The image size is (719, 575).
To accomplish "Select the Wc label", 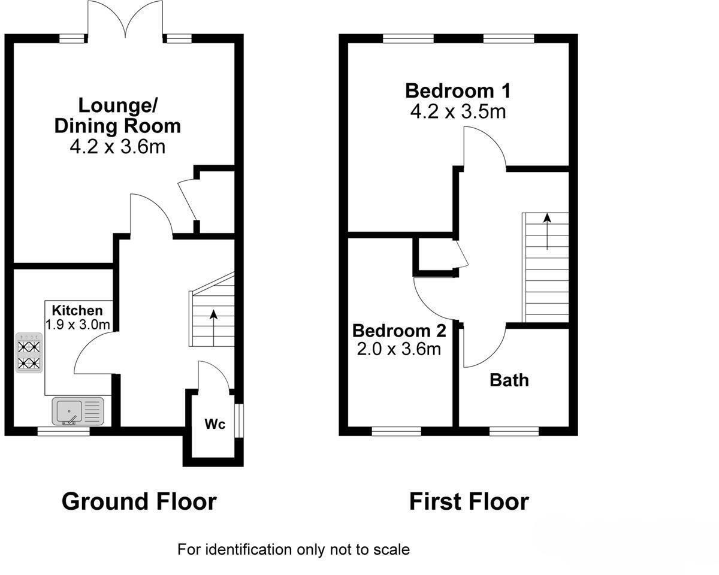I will coord(215,424).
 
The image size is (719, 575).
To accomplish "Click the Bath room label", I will coord(509,380).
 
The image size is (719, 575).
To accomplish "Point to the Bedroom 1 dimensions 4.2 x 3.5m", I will coord(458,111).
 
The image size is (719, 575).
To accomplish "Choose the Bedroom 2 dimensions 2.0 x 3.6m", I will coord(398,349).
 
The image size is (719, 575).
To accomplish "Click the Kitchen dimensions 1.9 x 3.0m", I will coord(78,325).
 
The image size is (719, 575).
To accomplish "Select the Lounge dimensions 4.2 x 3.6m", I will coord(117,146).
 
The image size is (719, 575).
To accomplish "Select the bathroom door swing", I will coord(483,347).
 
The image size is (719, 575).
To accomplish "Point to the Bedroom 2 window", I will coord(396,430).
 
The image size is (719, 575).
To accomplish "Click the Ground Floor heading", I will coord(139,501).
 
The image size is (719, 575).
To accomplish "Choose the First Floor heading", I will coord(469,501).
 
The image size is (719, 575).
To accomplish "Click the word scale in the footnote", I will coord(394,549).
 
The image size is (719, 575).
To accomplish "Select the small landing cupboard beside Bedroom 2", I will coord(434,256).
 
